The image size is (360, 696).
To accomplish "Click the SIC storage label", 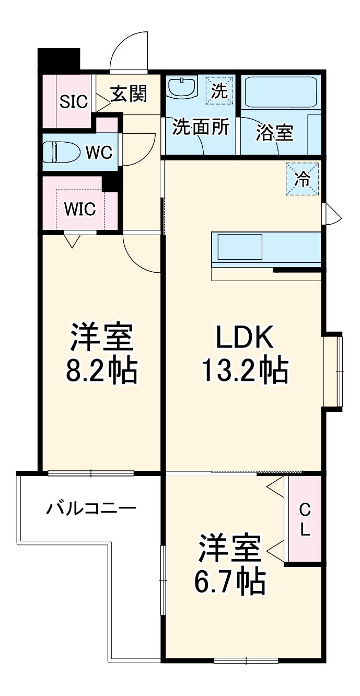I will pyautogui.click(x=73, y=101).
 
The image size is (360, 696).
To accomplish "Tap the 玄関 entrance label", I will pyautogui.click(x=128, y=94).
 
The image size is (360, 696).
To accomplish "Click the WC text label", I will pyautogui.click(x=99, y=152).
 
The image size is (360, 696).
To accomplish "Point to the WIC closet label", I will pyautogui.click(x=80, y=208).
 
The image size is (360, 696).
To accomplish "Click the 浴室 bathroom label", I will pyautogui.click(x=274, y=133).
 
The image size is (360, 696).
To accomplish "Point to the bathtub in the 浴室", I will pyautogui.click(x=281, y=94).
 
